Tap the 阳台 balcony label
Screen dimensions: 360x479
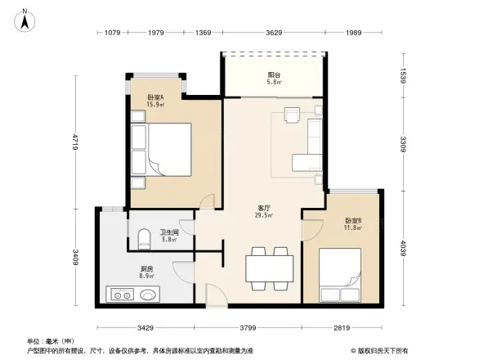274,74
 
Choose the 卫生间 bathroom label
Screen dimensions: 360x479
169,232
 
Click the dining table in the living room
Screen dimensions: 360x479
270,268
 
